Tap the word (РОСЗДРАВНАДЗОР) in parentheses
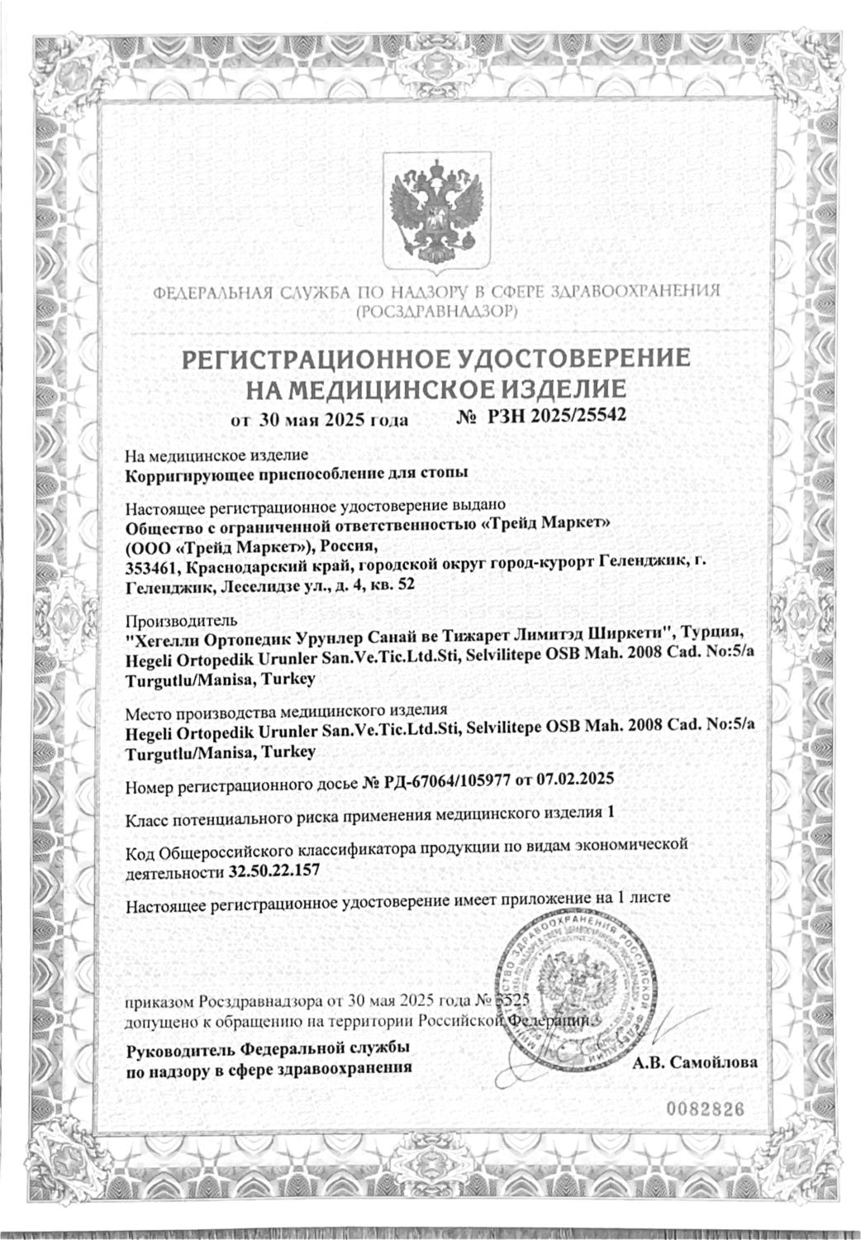(x=435, y=311)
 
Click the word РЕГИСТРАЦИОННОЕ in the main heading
(x=312, y=358)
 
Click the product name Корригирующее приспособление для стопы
(x=296, y=475)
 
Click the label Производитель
(x=180, y=620)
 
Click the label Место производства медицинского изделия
(x=286, y=711)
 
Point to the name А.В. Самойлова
(x=694, y=1062)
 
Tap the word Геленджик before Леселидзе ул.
(x=165, y=585)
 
